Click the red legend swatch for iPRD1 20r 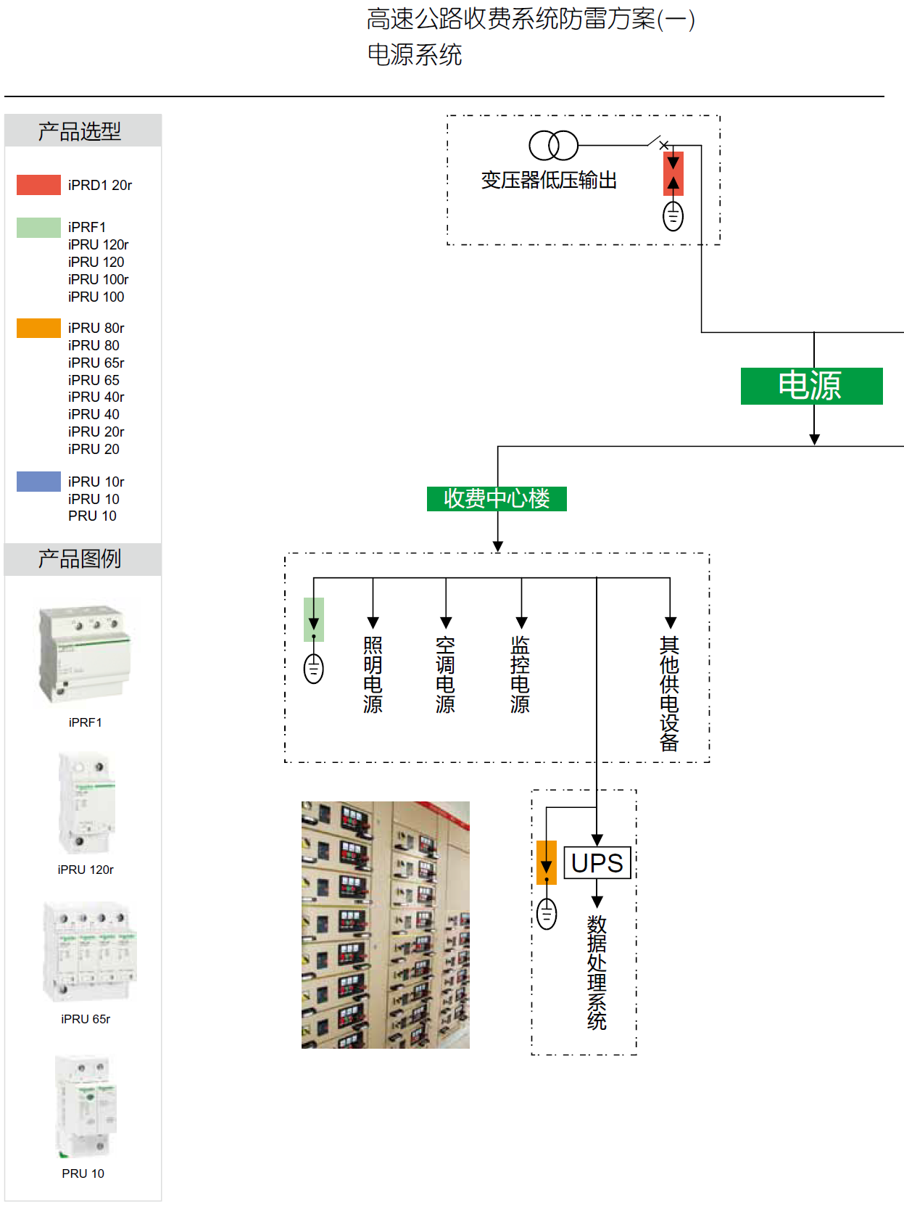point(38,185)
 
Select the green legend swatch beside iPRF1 point(38,228)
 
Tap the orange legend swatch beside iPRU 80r point(38,328)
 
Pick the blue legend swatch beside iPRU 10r point(38,482)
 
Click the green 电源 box point(811,386)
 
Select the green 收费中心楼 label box point(497,499)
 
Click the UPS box point(597,863)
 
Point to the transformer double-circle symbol point(553,146)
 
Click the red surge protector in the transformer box point(673,174)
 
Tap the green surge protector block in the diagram point(314,619)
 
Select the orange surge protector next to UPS point(547,862)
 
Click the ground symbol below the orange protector point(547,913)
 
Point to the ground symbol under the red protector point(673,216)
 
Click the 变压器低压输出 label point(549,181)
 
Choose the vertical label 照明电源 point(373,675)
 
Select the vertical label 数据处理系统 point(597,973)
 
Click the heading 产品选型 point(80,131)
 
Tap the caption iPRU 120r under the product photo point(86,870)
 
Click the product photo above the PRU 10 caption point(86,1106)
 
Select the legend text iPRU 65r point(96,363)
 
